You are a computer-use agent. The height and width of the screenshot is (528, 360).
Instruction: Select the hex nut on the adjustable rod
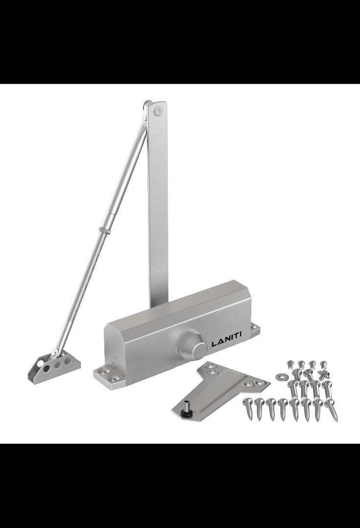[103, 230]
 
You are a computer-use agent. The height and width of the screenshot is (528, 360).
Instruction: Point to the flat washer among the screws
[282, 376]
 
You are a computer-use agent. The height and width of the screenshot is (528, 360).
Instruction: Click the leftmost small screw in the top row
[290, 364]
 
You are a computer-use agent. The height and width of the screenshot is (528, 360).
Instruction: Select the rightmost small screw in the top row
[323, 365]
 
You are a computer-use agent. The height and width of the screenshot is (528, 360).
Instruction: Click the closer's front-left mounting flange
[107, 376]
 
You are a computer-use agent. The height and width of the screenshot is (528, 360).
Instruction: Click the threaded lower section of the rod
[81, 288]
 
